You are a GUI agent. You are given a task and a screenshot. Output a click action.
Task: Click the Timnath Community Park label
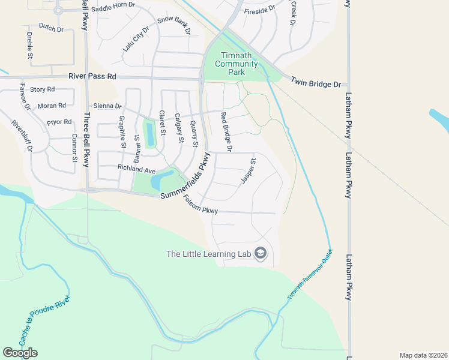(x=236, y=64)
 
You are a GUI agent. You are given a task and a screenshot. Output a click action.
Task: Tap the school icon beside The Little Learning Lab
(x=261, y=254)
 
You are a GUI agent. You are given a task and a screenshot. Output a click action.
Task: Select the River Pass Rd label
(x=92, y=77)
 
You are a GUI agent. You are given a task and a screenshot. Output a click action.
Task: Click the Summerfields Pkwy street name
(x=187, y=179)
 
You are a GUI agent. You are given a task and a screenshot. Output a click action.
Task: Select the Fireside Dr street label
(x=259, y=9)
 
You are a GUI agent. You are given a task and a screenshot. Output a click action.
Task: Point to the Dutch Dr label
(x=50, y=27)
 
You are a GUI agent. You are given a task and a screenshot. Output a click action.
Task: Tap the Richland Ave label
(x=136, y=170)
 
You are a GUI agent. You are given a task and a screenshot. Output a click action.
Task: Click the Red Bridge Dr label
(x=226, y=131)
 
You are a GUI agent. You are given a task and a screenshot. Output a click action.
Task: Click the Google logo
(x=20, y=353)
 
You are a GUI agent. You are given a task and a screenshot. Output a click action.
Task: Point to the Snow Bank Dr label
(x=173, y=25)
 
